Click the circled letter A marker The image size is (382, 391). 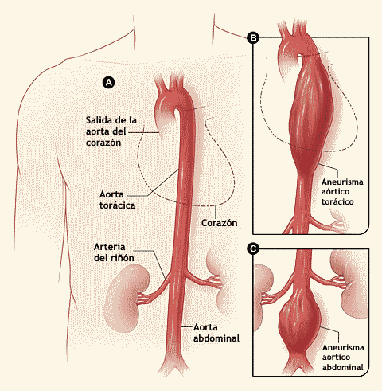109,83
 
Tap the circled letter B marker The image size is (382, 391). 253,37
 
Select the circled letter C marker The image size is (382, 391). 253,249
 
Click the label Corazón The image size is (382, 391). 219,223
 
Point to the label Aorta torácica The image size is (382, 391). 117,200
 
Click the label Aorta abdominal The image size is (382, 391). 216,333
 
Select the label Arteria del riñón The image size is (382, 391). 114,252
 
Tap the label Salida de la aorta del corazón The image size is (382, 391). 111,131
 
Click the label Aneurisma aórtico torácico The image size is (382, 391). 342,192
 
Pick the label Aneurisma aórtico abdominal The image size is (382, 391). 343,358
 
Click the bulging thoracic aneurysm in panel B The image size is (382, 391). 309,114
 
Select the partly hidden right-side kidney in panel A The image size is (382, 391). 216,280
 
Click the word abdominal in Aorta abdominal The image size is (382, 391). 216,338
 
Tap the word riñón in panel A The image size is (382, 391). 122,258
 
